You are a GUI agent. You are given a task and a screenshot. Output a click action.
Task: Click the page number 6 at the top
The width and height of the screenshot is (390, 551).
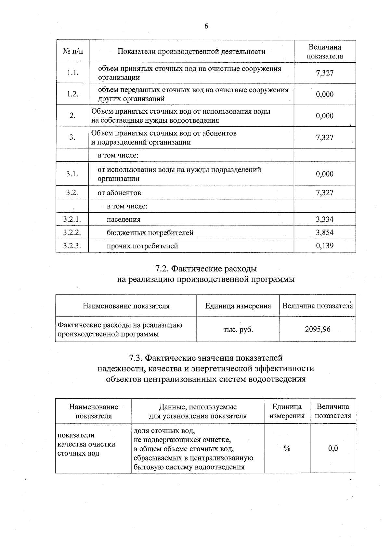coord(206,26)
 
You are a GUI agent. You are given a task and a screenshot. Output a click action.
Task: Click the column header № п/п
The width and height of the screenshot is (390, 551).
coord(72,52)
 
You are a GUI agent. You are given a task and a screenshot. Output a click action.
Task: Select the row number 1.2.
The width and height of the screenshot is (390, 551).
coord(72,94)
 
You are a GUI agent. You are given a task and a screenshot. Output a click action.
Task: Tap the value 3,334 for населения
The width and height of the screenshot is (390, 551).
coord(325,219)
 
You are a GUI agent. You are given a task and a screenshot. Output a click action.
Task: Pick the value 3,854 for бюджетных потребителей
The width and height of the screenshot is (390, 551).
coord(325,233)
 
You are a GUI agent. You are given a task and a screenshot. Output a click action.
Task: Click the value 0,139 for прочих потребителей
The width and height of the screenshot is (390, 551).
coord(325,246)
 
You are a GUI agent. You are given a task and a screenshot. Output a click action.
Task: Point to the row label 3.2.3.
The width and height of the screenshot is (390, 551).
coord(72,246)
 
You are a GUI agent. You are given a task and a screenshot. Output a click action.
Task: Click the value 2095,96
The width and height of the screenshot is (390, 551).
coord(318,329)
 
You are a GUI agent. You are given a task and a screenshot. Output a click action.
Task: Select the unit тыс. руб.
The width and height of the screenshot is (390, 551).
coord(238,330)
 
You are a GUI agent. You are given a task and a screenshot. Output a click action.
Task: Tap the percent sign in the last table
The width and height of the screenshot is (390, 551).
coord(287,448)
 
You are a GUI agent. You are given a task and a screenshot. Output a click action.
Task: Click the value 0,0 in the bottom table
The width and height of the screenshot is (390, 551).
coord(333,448)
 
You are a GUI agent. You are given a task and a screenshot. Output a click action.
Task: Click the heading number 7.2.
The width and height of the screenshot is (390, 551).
coord(162,269)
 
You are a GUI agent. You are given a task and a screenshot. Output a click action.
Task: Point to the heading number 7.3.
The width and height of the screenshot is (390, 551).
coord(135,358)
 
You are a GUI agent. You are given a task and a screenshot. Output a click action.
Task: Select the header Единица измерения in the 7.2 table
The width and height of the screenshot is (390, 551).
coord(238,306)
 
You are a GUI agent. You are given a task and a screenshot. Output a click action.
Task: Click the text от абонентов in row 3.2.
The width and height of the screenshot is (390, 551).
coord(119,193)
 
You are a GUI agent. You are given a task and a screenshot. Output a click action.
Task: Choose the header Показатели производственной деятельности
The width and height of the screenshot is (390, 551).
coord(191,52)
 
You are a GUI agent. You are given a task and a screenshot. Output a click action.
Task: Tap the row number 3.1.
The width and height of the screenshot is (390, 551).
coord(72,174)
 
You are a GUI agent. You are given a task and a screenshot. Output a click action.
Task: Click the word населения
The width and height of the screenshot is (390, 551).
coord(123,219)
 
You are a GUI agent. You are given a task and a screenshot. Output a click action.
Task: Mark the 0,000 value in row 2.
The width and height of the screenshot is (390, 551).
coord(325,116)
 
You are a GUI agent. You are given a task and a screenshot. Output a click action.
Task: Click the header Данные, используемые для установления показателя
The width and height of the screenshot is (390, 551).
coord(198,411)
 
